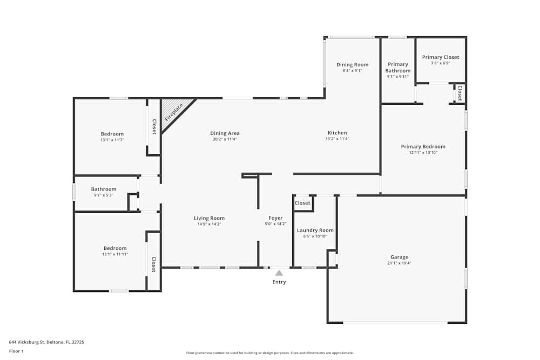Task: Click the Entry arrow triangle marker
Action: tap(279, 273)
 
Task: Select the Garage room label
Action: tap(399, 257)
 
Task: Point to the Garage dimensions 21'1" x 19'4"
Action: tap(399, 263)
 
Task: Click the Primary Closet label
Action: tap(440, 57)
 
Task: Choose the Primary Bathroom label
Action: tap(398, 67)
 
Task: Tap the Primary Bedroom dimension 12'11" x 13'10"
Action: tap(423, 153)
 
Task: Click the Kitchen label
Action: tap(337, 133)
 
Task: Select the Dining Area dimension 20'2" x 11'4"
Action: tap(225, 139)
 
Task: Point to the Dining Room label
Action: tap(352, 65)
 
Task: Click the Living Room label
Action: tap(209, 218)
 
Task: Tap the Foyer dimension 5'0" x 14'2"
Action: tap(275, 224)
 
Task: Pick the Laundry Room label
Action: tap(315, 230)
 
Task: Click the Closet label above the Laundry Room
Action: tap(302, 203)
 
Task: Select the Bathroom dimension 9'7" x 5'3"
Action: tap(104, 195)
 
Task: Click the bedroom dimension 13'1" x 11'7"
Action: tap(112, 140)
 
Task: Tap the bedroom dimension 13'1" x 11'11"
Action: tap(115, 254)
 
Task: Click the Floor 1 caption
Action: tap(16, 351)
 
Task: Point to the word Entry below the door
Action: tap(279, 282)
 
